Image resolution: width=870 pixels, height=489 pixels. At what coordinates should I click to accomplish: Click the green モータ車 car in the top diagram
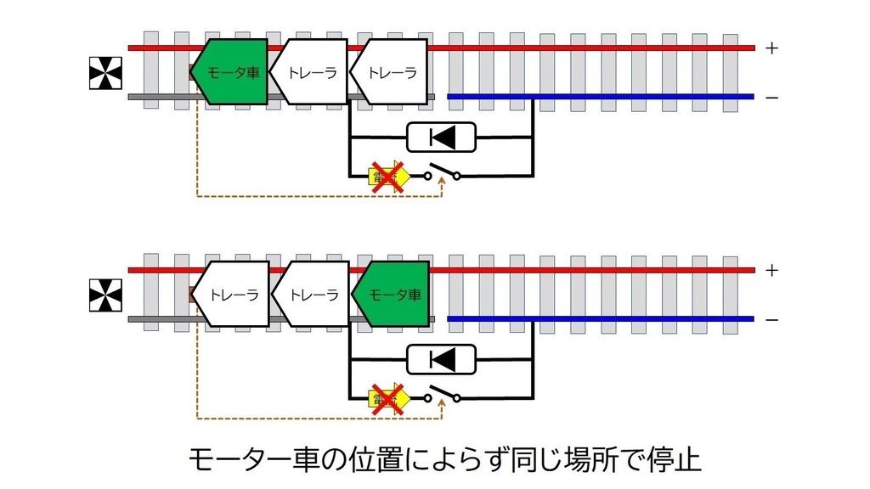(x=231, y=72)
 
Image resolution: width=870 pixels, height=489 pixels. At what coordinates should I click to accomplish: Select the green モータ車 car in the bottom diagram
(x=393, y=295)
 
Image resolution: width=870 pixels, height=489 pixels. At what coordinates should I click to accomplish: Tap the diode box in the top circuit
(x=441, y=137)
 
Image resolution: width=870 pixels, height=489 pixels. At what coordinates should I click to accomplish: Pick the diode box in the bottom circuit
(x=441, y=359)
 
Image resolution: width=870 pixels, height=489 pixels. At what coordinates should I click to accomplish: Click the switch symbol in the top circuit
(x=442, y=173)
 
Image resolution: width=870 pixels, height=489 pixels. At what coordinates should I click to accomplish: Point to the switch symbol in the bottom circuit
(x=442, y=396)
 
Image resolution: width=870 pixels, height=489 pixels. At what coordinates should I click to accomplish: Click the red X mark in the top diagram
(x=387, y=176)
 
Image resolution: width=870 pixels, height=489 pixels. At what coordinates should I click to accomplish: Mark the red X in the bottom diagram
(x=387, y=398)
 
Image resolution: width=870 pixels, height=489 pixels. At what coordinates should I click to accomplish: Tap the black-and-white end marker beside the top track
(x=105, y=73)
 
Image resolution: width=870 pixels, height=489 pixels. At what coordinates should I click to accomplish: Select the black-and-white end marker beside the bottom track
(x=105, y=295)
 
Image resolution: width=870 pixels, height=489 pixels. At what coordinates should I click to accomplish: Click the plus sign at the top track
(x=771, y=48)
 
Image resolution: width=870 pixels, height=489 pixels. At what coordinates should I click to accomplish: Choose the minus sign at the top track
(x=771, y=98)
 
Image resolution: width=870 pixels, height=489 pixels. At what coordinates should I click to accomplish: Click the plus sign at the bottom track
(x=771, y=271)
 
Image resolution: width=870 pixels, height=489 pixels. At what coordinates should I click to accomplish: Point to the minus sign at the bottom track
(x=771, y=320)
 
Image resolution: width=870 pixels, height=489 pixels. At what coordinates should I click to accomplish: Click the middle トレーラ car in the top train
(x=311, y=72)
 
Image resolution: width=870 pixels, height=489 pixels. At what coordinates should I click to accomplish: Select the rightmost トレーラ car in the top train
(x=389, y=72)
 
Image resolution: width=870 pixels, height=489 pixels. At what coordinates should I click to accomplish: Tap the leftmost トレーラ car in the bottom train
(x=231, y=295)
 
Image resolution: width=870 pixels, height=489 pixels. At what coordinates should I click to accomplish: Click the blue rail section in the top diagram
(x=600, y=97)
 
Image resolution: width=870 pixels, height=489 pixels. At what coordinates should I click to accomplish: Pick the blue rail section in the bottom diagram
(x=600, y=319)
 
